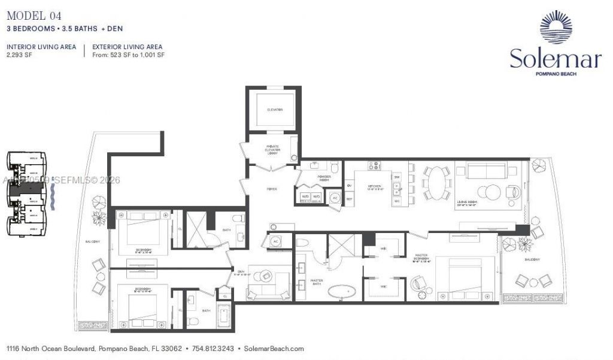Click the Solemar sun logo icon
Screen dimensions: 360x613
tap(556, 28)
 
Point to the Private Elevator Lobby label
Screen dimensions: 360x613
tap(273, 150)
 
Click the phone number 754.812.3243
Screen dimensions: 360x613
tap(213, 348)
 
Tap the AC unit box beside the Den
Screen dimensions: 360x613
tap(276, 241)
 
